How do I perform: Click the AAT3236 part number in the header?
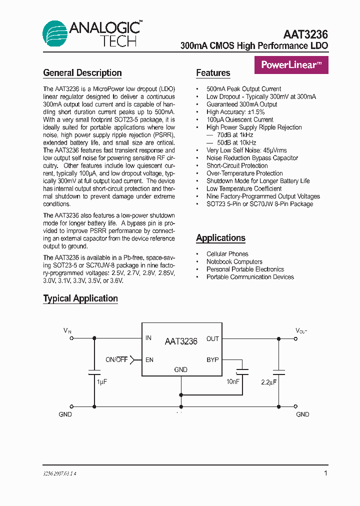[305, 34]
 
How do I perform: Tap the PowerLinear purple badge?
[291, 65]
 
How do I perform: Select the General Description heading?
[82, 73]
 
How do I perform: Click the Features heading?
[213, 73]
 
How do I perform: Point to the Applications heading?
[220, 238]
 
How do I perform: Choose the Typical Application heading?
[80, 298]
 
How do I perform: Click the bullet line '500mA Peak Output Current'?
[243, 89]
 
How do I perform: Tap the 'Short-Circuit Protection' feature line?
[237, 165]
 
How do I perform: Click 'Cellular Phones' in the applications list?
[227, 254]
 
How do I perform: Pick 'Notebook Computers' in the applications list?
[234, 261]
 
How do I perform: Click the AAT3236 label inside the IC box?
[181, 341]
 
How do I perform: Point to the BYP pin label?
[212, 360]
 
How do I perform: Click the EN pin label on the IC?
[149, 360]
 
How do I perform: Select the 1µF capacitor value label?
[102, 381]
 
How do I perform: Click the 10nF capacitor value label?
[232, 381]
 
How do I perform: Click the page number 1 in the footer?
[325, 473]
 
